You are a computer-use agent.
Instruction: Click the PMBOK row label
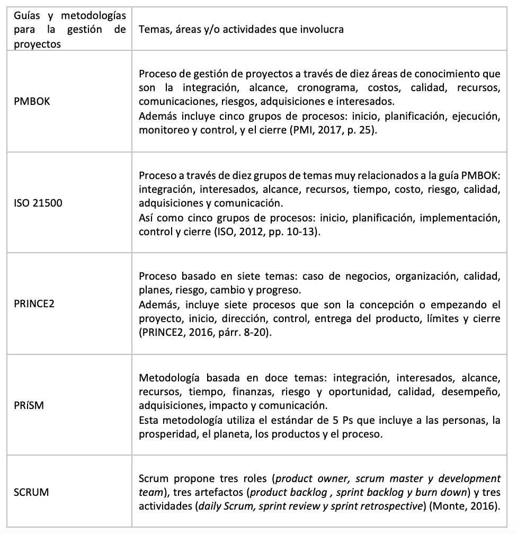click(x=32, y=101)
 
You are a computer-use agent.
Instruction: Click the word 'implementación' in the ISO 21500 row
click(x=465, y=218)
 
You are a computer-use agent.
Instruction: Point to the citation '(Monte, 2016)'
click(x=470, y=506)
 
